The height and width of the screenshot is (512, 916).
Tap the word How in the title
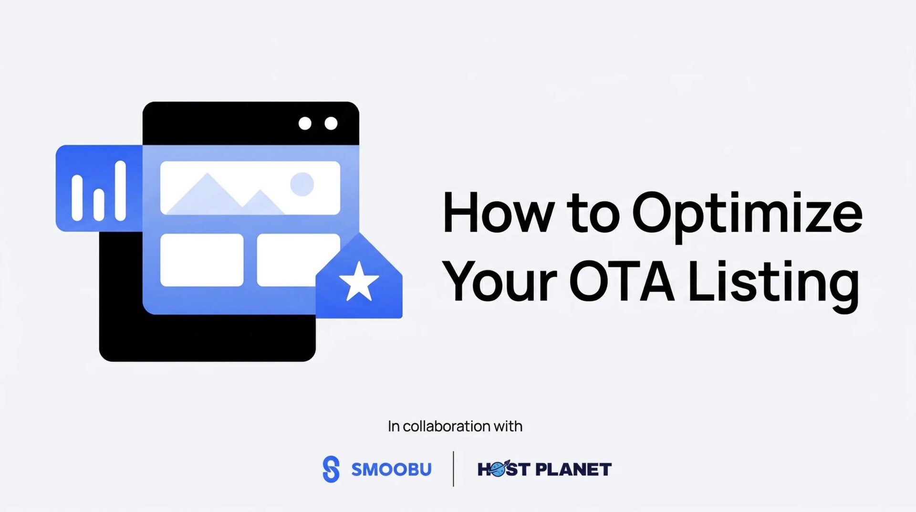click(x=499, y=212)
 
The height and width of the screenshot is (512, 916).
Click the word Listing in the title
click(x=774, y=285)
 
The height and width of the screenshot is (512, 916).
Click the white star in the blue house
click(x=359, y=282)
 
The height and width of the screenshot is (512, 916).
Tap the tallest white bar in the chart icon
click(x=120, y=191)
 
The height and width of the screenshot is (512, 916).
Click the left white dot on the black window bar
click(x=305, y=123)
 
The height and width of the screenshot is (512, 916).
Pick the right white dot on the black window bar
click(x=331, y=123)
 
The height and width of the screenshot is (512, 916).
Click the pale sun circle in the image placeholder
click(x=302, y=184)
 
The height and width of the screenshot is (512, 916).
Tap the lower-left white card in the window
click(x=202, y=260)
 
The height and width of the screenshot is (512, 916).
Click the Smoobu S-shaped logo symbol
click(x=331, y=469)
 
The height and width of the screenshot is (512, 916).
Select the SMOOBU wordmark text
click(x=391, y=469)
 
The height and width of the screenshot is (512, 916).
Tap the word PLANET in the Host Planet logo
click(x=573, y=469)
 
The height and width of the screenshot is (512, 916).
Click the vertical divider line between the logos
click(x=453, y=469)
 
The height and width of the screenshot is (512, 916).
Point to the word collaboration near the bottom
click(x=447, y=426)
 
